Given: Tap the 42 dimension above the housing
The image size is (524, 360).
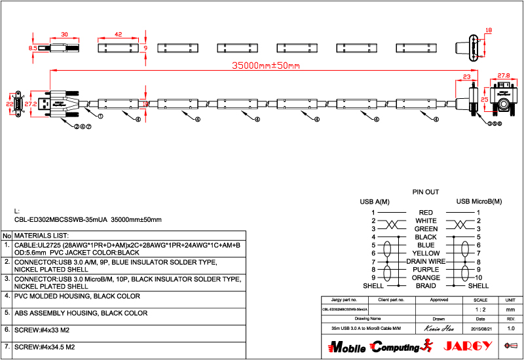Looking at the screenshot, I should point(118,34).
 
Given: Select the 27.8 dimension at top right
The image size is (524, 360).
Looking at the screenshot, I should point(504,75).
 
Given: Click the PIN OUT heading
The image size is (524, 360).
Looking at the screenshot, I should point(425,192).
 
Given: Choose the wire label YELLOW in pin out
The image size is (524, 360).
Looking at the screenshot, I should point(426,253).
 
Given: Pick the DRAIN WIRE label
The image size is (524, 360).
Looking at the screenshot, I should point(426,261).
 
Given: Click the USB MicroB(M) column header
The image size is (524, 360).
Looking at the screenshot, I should point(479,202).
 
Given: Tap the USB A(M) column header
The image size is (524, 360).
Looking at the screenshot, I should point(374,202).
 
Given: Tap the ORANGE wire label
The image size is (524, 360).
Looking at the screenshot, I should point(426,278).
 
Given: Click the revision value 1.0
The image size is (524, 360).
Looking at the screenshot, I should point(511,328).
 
